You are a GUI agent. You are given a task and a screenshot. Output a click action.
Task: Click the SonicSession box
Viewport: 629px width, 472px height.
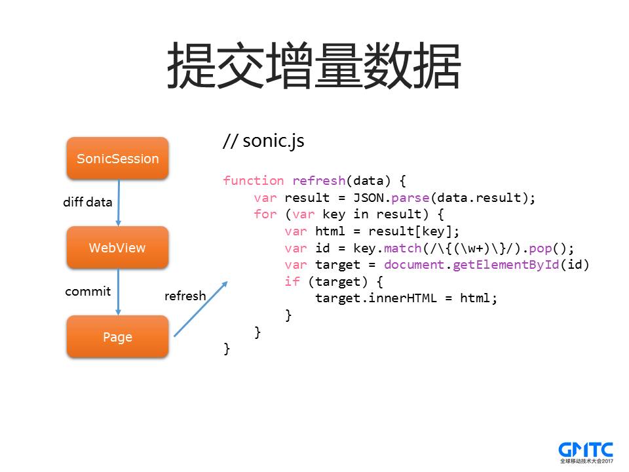coord(117,158)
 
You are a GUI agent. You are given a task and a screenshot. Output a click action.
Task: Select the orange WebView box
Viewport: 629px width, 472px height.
coord(117,248)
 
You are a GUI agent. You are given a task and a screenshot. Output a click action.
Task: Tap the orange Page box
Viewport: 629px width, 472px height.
coord(117,337)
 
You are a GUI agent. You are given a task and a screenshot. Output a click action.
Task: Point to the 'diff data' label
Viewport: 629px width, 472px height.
coord(88,202)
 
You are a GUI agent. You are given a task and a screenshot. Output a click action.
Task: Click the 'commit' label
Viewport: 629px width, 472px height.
coord(88,291)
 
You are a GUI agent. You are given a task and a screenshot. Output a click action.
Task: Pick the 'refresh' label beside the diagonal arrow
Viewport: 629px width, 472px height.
coord(185,296)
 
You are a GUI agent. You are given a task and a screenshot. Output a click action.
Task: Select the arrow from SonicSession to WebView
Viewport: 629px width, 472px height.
coord(119,203)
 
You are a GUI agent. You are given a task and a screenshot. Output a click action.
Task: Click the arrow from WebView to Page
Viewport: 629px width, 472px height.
coord(119,292)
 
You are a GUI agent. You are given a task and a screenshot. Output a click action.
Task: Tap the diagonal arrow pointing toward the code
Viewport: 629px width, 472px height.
coord(200,309)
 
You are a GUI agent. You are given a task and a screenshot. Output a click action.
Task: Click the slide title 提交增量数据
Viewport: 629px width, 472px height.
coord(314,66)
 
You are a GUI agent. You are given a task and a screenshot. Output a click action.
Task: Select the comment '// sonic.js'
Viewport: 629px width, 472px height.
coord(263,141)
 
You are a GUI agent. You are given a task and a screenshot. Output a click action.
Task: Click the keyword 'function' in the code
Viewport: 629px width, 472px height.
coord(253,181)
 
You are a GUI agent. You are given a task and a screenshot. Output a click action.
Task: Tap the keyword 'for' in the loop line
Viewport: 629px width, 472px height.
coord(265,215)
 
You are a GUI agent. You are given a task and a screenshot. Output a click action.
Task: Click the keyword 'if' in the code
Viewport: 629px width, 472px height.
coord(292,282)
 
